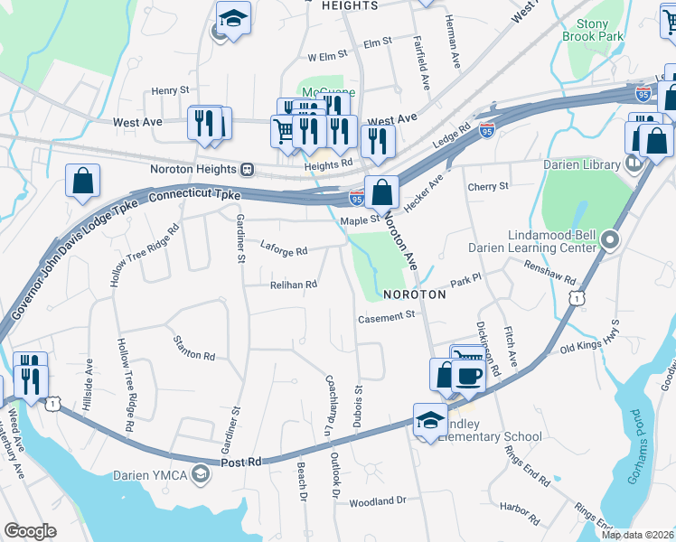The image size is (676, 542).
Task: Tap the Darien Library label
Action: coord(581,164)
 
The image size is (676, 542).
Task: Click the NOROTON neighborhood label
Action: coord(415,294)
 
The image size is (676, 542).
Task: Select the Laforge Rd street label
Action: coord(284,248)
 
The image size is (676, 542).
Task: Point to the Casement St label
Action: coord(386,316)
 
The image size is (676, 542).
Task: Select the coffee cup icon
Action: coord(468,375)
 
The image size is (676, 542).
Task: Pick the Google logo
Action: coord(30,532)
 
